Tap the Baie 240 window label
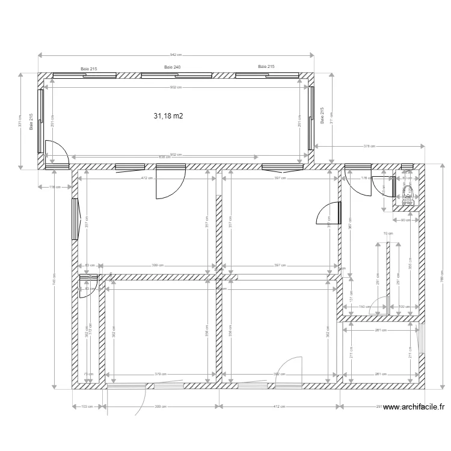point(173,67)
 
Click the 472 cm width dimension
point(145,178)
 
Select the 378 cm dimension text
point(369,146)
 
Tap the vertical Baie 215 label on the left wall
point(32,120)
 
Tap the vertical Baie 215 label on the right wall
point(323,115)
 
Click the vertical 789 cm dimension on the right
point(441,275)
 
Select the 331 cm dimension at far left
point(20,121)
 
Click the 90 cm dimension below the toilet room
point(405,220)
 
